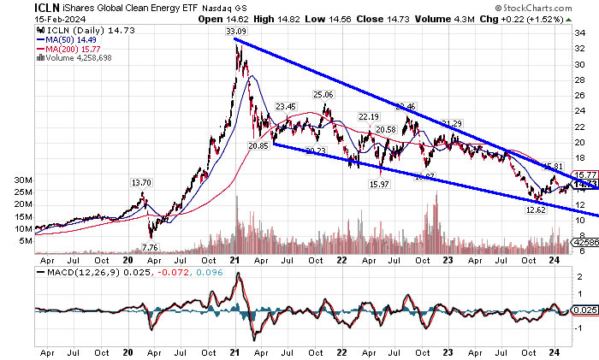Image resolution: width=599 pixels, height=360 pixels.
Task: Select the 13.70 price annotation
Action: click(x=141, y=183)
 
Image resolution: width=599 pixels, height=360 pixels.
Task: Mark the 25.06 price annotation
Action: click(x=323, y=95)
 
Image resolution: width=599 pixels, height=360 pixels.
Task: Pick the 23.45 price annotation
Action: click(x=286, y=107)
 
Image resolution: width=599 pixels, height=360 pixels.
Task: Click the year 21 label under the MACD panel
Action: click(x=237, y=351)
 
